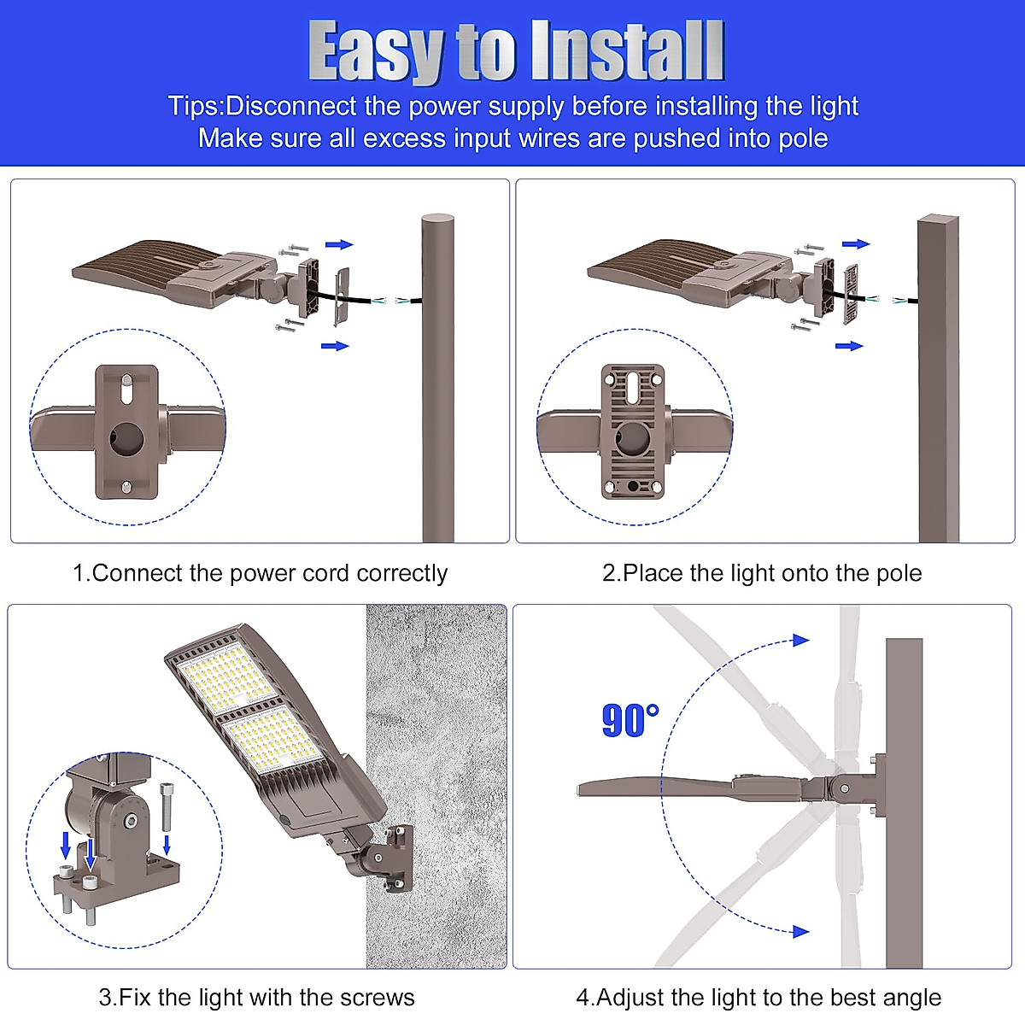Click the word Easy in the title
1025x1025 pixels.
point(375,53)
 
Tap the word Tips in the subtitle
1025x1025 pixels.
point(193,106)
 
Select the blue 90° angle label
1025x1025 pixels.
point(630,721)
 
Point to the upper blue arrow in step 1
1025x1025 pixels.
point(339,245)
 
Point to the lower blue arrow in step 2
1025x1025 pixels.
point(849,346)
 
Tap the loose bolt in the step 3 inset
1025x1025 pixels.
point(167,807)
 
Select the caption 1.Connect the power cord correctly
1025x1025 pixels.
point(260,573)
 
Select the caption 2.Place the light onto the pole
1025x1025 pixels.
point(762,573)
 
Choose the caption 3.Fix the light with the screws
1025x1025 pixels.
point(256,997)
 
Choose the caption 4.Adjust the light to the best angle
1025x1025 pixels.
point(758,997)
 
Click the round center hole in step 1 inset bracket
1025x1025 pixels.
point(126,436)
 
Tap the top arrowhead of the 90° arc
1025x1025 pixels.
point(800,640)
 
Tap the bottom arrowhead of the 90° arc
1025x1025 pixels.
point(800,931)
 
